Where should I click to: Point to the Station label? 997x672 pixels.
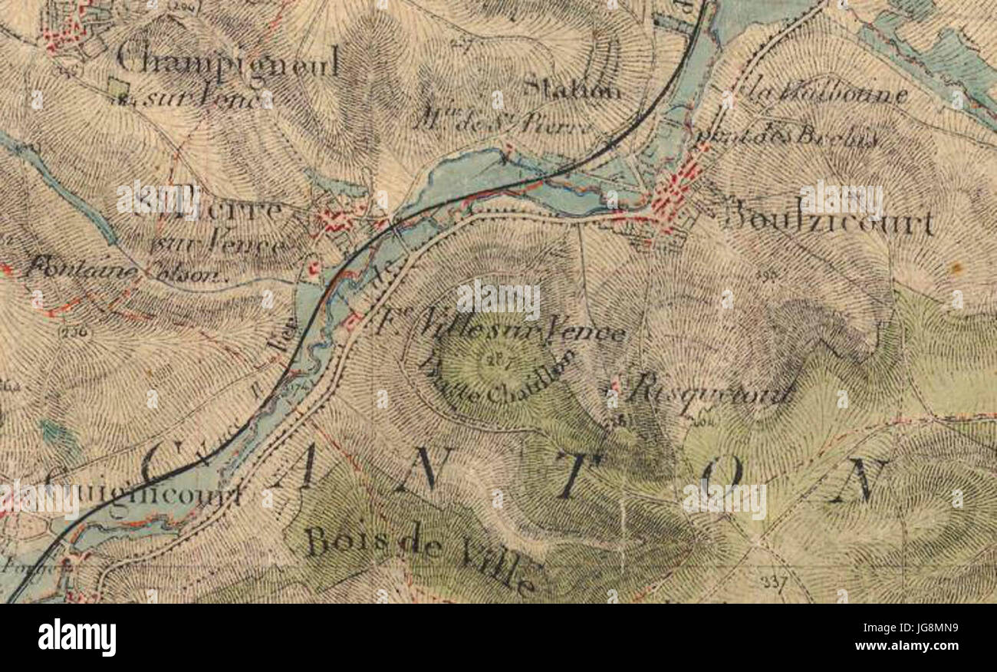coord(572,90)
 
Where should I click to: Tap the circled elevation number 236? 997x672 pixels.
coord(78,333)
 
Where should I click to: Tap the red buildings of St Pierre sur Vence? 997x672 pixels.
coord(337,222)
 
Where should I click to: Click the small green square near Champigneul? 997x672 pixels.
coord(117,89)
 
